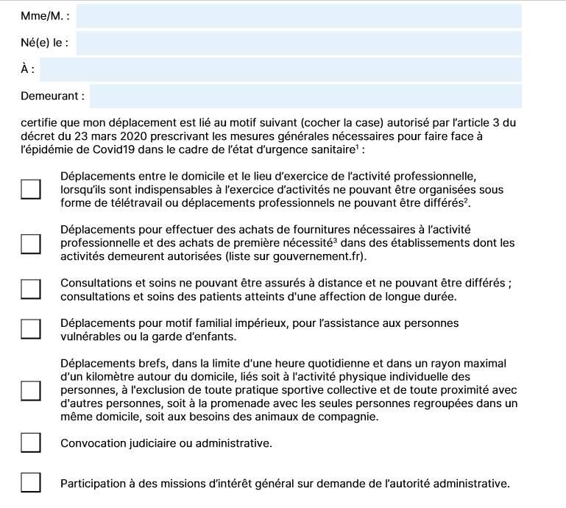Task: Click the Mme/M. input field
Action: pos(299,16)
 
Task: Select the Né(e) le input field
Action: pos(299,43)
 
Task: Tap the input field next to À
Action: pos(281,69)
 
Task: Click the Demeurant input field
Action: pos(305,96)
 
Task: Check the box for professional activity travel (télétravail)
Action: pos(30,189)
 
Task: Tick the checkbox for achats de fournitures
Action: pos(30,243)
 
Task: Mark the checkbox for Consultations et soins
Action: pos(30,289)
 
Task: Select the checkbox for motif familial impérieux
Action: pos(30,329)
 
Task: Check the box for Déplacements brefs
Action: pos(30,390)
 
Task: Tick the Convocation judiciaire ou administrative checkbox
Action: pos(30,442)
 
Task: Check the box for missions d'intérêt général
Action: pos(30,483)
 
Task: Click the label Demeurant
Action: pos(52,96)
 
